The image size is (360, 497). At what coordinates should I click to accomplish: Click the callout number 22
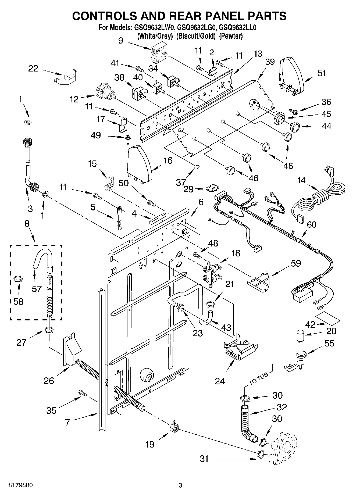click(x=33, y=69)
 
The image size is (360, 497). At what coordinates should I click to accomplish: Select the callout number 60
click(x=312, y=224)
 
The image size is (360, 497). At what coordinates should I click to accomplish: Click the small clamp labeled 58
click(x=18, y=280)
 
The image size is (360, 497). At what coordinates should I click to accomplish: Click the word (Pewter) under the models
click(x=231, y=36)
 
